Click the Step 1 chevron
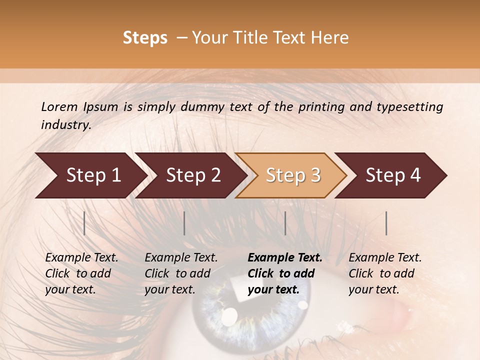coord(90,175)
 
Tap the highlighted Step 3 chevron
coord(291,175)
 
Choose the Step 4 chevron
coord(391,175)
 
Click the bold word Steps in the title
coord(145,38)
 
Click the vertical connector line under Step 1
coord(84,223)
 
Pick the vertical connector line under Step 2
coord(184,223)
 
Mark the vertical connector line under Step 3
coord(285,223)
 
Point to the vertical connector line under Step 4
coord(386,223)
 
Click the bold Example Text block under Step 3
coord(285,273)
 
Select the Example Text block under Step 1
coord(81,273)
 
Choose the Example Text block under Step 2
coord(181,273)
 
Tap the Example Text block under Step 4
coord(385,273)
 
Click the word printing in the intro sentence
coord(316,106)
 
